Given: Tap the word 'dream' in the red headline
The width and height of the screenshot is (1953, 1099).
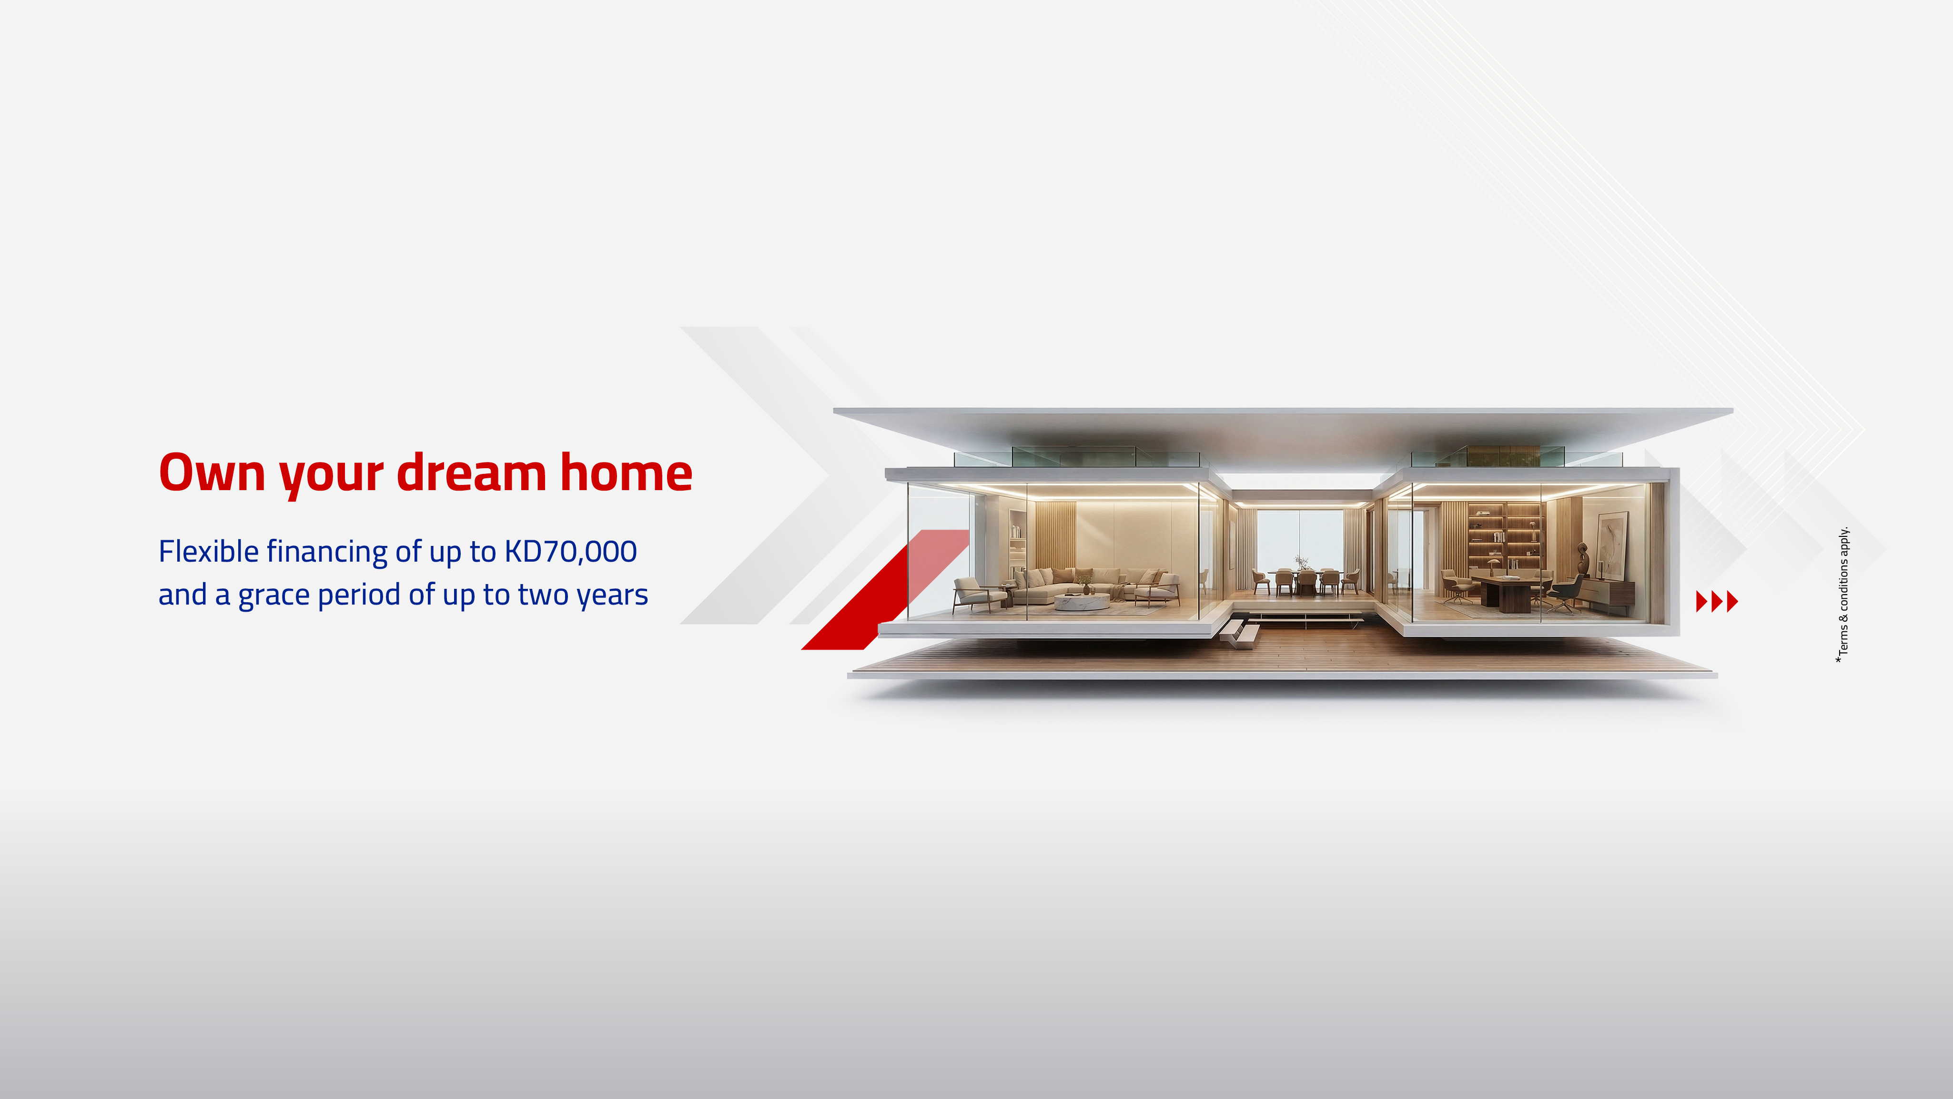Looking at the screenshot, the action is click(471, 472).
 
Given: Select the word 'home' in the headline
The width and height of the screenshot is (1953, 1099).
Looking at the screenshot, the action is click(626, 472).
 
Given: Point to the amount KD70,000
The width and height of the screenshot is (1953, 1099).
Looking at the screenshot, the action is click(570, 551).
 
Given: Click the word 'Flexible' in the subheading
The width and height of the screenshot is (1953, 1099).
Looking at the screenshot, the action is click(209, 551).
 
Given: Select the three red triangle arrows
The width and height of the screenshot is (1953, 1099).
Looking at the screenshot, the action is click(1717, 601).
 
